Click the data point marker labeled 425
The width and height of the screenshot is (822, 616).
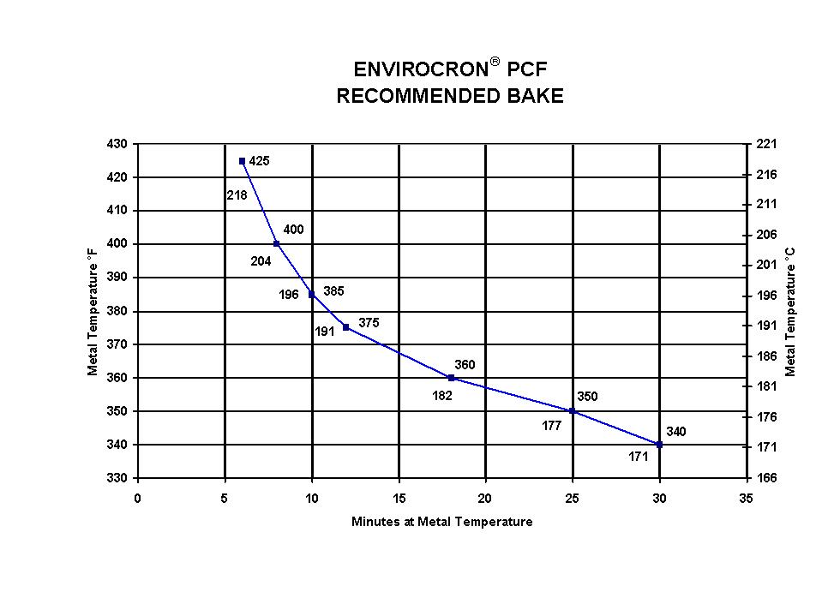pos(242,161)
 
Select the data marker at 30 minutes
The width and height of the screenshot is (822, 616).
pos(659,445)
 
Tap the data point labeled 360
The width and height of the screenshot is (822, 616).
pos(451,378)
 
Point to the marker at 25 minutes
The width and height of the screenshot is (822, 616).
pos(573,411)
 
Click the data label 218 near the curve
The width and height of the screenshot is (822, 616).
pos(237,195)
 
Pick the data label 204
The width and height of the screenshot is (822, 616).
pos(261,261)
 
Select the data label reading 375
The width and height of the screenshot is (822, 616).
pos(369,323)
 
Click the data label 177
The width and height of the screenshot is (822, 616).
pos(551,426)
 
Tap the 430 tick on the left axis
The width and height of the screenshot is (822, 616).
pos(117,144)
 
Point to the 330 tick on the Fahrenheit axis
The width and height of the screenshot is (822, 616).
pos(117,478)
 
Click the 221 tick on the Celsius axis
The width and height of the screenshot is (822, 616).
pos(766,144)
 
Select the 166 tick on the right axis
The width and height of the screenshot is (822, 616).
pos(766,478)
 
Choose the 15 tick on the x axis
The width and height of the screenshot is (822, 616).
pos(399,498)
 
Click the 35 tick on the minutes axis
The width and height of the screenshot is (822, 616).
pos(746,498)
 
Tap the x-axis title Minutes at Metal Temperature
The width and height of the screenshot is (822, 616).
pos(441,522)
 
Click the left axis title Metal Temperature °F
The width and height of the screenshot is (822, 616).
pos(93,311)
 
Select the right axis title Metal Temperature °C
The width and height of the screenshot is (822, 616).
pos(790,311)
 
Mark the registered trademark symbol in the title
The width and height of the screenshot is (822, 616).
pos(495,63)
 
